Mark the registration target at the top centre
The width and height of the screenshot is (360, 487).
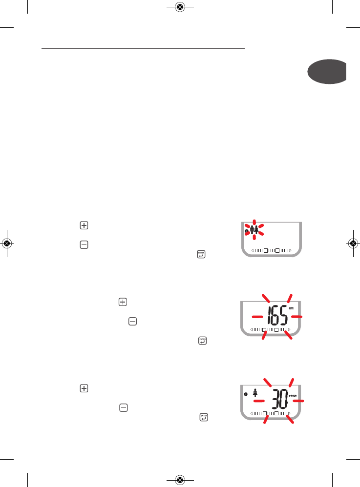pos(180,7)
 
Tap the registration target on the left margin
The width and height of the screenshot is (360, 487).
pos(7,243)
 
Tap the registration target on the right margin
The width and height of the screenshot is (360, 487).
pos(353,243)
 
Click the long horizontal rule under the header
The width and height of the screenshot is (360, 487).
pos(143,48)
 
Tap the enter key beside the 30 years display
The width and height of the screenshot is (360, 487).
pos(203,417)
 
